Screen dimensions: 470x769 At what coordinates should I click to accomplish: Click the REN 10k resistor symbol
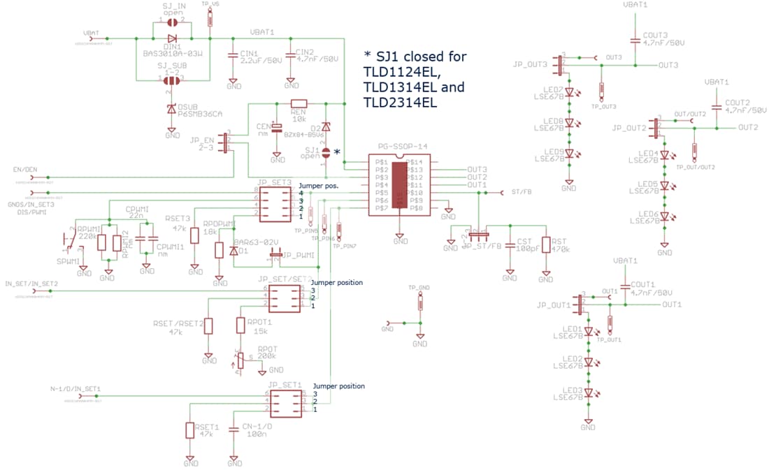[x=299, y=103]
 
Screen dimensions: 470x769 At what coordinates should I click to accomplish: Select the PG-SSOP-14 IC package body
[x=399, y=185]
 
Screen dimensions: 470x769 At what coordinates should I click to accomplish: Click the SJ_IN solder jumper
[x=172, y=22]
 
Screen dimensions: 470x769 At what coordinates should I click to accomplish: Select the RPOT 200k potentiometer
[x=243, y=360]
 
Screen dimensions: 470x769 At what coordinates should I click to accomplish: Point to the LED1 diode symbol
[x=589, y=332]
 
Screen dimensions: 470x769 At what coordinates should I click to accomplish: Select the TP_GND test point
[x=420, y=302]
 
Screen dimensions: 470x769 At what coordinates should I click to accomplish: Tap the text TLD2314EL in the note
[x=401, y=103]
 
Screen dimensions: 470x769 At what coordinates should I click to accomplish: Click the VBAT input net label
[x=91, y=33]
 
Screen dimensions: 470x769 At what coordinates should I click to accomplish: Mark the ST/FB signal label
[x=521, y=192]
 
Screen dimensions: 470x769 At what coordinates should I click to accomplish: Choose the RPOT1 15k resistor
[x=240, y=326]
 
